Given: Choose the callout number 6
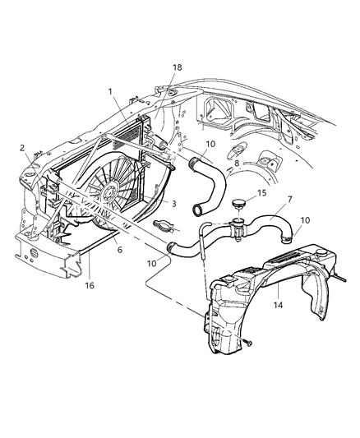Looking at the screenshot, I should coord(118,249).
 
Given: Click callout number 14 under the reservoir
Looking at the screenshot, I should coord(279,303).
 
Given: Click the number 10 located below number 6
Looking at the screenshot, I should coord(150,262).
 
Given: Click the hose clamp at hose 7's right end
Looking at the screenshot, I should coord(281,238).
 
